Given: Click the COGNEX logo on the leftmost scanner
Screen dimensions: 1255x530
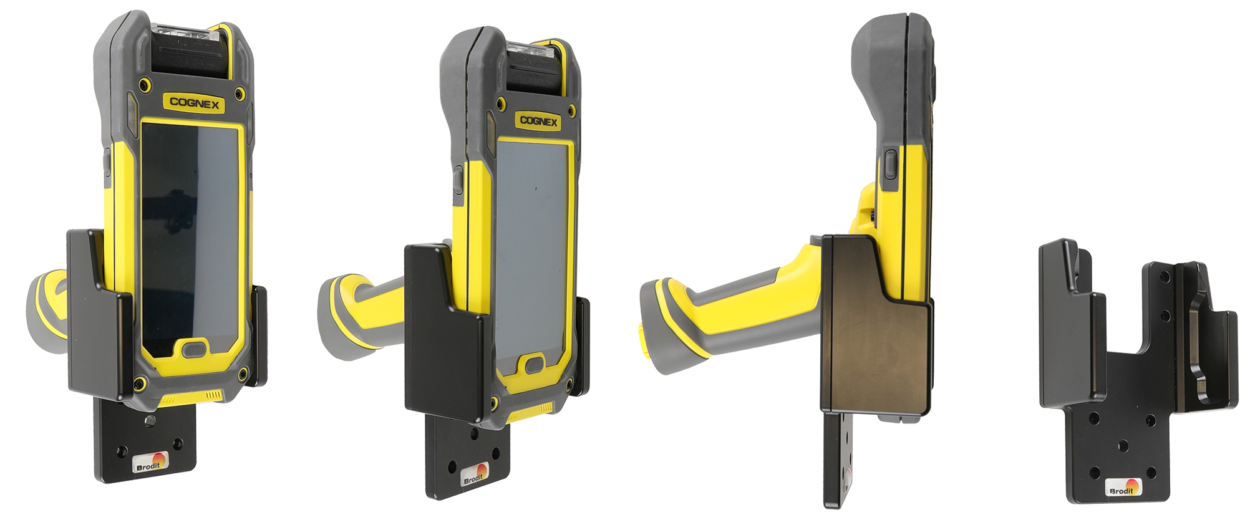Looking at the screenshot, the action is coord(195,103).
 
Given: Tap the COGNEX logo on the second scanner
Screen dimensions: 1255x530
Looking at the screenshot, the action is coord(538,120).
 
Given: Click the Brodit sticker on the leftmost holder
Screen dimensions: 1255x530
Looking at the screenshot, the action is coord(151,463).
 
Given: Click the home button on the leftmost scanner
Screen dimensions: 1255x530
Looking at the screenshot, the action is coord(196,349).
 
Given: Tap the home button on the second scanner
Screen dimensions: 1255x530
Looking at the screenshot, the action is coord(535,364).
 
